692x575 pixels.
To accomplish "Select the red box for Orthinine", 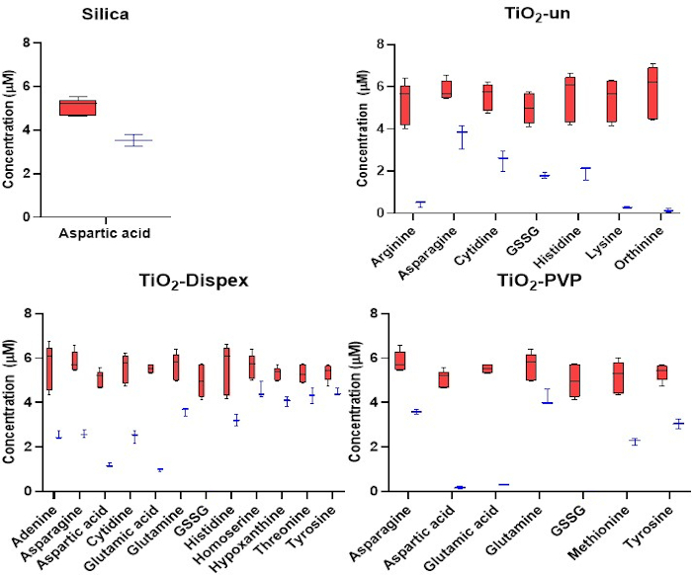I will [x=652, y=92].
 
